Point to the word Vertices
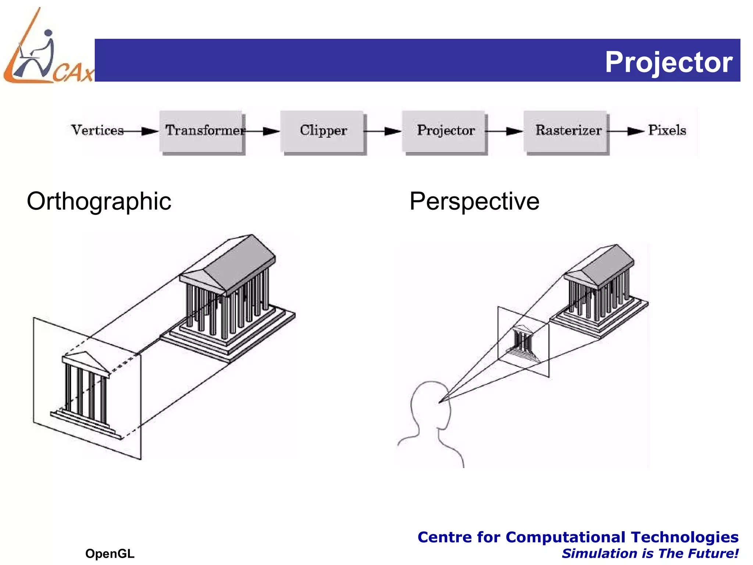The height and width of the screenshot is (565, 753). [x=97, y=130]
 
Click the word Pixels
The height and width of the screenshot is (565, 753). [x=667, y=130]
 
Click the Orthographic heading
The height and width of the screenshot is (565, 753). [x=99, y=201]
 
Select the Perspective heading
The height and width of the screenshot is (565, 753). [x=474, y=201]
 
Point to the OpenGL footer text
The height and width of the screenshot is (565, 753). [x=110, y=553]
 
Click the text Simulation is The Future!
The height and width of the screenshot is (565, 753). [x=650, y=553]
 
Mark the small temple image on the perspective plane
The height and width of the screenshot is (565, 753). [x=523, y=342]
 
